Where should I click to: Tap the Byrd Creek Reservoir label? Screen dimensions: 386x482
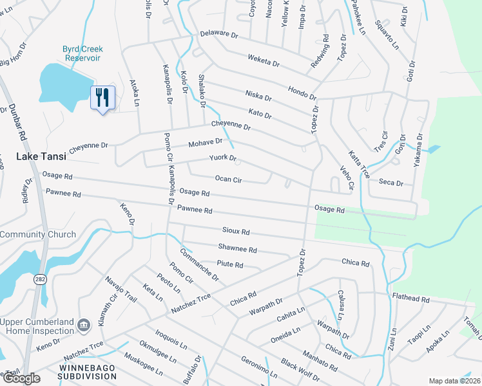click(x=82, y=53)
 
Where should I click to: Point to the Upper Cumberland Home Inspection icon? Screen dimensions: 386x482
click(x=82, y=326)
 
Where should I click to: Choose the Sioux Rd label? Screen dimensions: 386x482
click(x=235, y=231)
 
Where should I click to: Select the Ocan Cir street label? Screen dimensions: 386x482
click(x=228, y=179)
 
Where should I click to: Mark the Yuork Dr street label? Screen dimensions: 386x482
click(x=223, y=158)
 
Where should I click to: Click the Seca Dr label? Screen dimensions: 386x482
click(x=391, y=183)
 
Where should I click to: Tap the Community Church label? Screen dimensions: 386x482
click(x=38, y=235)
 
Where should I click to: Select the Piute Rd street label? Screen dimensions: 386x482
click(x=229, y=264)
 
